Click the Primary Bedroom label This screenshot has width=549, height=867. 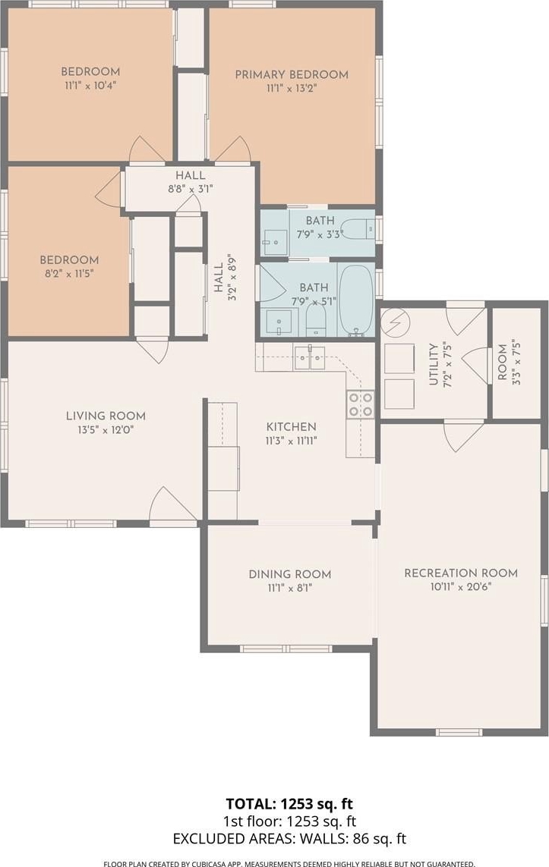(x=292, y=74)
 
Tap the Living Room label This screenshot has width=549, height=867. (x=106, y=416)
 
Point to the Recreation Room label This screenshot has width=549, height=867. (x=461, y=573)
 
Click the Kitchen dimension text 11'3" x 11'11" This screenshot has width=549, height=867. (x=291, y=441)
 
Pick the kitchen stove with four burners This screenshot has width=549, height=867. (x=360, y=404)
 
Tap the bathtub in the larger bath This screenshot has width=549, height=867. (x=356, y=301)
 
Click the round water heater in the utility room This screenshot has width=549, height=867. (x=394, y=322)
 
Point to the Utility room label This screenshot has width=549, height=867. (x=434, y=364)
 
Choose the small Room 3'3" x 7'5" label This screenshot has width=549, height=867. (x=503, y=362)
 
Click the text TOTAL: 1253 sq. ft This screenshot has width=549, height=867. (x=289, y=803)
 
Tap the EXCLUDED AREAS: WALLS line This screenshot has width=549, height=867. (x=289, y=839)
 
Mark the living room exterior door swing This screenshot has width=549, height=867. (x=173, y=504)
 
